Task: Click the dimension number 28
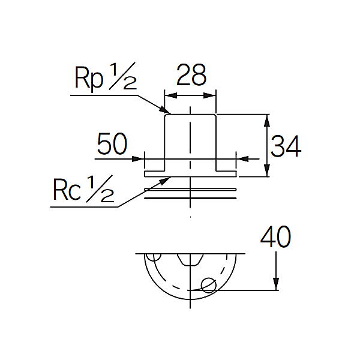click(x=191, y=75)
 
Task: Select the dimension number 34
click(x=286, y=146)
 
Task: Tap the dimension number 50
click(x=112, y=144)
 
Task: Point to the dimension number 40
click(x=275, y=236)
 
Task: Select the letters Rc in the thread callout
click(x=67, y=190)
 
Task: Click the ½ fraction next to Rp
click(x=123, y=76)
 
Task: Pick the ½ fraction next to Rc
click(x=100, y=188)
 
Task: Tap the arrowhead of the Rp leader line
click(x=166, y=110)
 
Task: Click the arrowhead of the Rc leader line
click(x=165, y=181)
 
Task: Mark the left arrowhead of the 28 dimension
click(x=171, y=95)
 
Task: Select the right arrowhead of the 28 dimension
click(x=210, y=95)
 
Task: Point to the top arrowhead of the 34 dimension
click(x=266, y=121)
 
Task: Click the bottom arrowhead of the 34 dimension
click(x=266, y=170)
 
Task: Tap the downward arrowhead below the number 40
click(x=276, y=284)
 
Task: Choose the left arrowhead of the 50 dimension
click(x=138, y=158)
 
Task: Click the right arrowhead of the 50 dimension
click(x=242, y=158)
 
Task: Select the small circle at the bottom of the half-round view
click(x=208, y=286)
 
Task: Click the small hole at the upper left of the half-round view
click(x=154, y=257)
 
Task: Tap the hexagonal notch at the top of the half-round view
click(x=190, y=259)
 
